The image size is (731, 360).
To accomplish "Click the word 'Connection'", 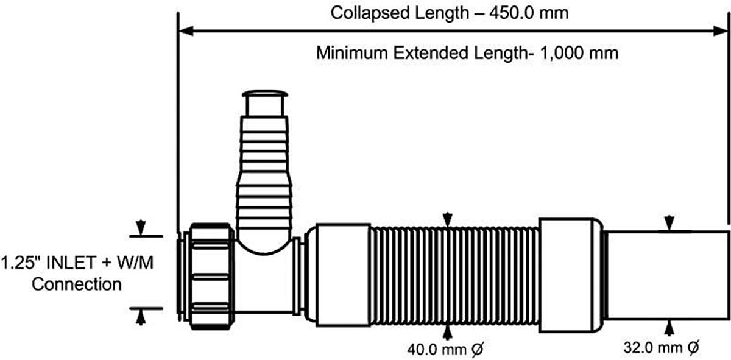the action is coord(77,284).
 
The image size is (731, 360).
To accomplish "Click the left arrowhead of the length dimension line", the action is coord(186,31).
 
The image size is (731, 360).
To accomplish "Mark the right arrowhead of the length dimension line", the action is coord(721,31).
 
